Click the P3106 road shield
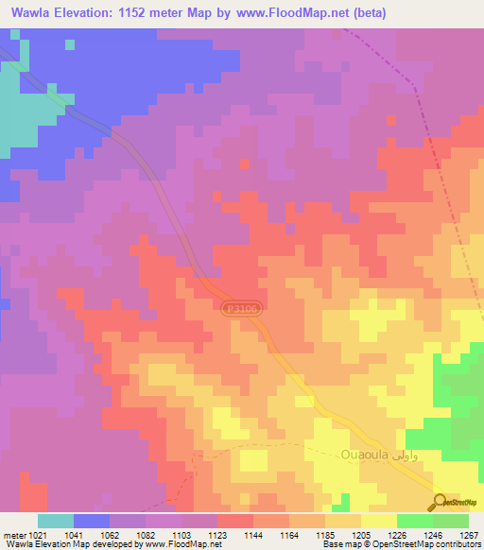click(242, 308)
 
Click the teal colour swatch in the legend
click(56, 521)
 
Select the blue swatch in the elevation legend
click(92, 521)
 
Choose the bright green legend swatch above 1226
click(415, 521)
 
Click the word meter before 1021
click(11, 534)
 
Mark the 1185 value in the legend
click(325, 534)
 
